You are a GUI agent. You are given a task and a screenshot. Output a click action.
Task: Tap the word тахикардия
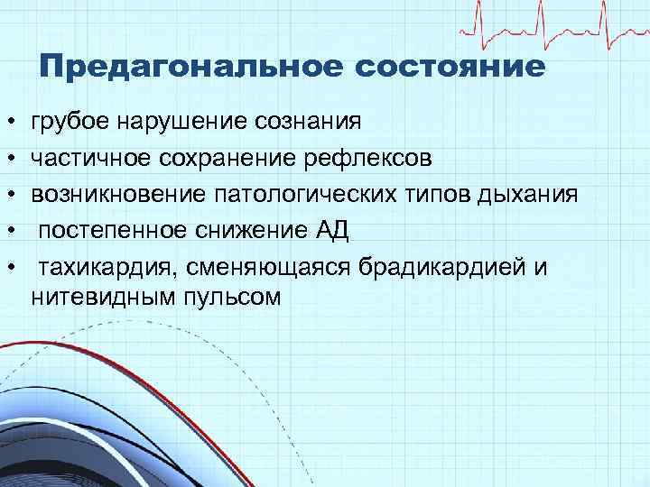click(x=103, y=269)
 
